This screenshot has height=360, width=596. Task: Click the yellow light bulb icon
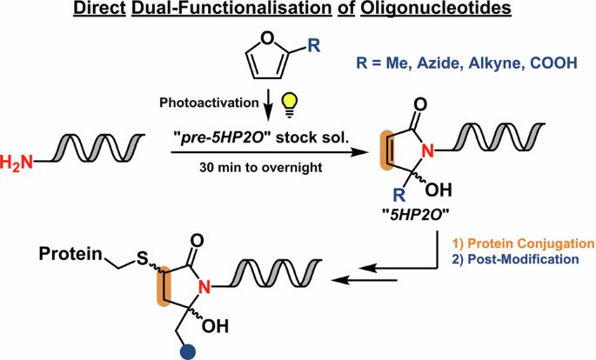click(289, 105)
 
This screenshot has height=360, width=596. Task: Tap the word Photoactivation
click(209, 103)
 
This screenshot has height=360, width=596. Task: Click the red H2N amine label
click(17, 162)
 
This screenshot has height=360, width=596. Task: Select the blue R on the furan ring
click(313, 46)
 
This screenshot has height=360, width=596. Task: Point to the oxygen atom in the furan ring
click(268, 38)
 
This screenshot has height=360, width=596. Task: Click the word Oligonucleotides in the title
click(436, 9)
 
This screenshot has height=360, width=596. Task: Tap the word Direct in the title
click(99, 9)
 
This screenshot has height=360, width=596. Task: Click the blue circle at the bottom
click(187, 351)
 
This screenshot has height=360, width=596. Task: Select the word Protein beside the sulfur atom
click(71, 254)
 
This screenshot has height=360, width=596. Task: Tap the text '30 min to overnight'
click(261, 167)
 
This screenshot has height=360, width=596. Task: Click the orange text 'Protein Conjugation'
click(531, 243)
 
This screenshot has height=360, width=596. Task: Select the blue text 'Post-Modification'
click(524, 259)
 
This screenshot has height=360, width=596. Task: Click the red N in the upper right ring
click(428, 151)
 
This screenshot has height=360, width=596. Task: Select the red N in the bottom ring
click(204, 287)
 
